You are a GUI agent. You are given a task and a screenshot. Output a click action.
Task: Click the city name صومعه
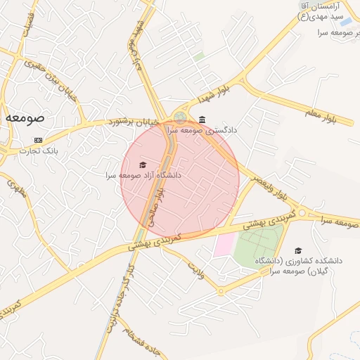pyautogui.click(x=25, y=118)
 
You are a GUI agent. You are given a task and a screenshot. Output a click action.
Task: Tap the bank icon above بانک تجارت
pyautogui.click(x=37, y=139)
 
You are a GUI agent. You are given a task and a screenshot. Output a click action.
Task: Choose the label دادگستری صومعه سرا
pyautogui.click(x=202, y=130)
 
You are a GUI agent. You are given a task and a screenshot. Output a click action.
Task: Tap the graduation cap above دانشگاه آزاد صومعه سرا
pyautogui.click(x=143, y=165)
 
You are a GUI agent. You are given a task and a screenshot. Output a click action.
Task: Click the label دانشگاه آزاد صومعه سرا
pyautogui.click(x=143, y=175)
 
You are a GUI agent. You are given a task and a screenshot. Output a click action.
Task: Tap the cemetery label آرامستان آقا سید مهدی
pyautogui.click(x=323, y=10)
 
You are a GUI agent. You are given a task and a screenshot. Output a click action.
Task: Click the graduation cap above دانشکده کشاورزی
pyautogui.click(x=298, y=250)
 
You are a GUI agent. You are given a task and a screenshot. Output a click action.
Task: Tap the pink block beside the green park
pyautogui.click(x=224, y=244)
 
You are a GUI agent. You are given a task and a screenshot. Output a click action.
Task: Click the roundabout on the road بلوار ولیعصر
pyautogui.click(x=302, y=213)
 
